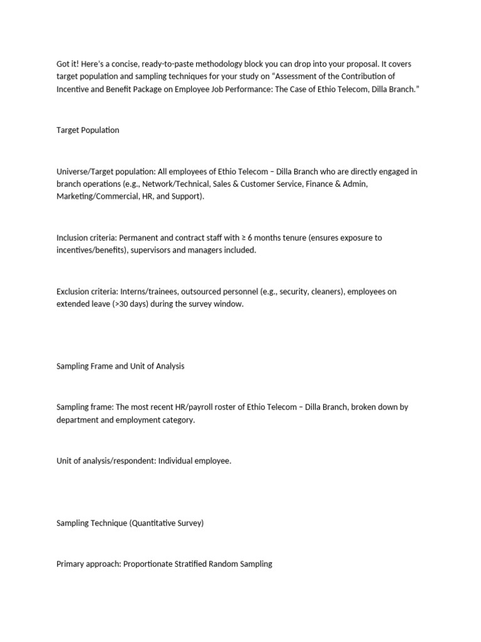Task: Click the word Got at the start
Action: [63, 65]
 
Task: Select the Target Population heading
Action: [88, 130]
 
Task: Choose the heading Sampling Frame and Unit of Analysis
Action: [120, 366]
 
